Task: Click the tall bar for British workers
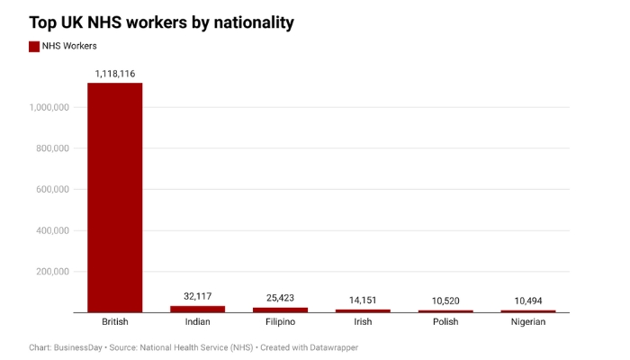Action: (114, 197)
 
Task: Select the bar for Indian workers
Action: (197, 309)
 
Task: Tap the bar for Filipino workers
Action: (280, 310)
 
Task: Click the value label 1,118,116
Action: (114, 72)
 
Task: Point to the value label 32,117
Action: (197, 296)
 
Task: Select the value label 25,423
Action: (280, 298)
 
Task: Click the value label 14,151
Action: (363, 300)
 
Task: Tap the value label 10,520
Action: (445, 301)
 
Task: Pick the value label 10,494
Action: (528, 301)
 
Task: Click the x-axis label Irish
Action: (363, 321)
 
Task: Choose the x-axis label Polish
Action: (445, 321)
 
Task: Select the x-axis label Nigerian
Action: (528, 321)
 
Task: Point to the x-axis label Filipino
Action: (280, 321)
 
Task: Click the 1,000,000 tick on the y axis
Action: (50, 107)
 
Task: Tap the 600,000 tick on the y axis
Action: (53, 189)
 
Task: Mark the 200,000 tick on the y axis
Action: (53, 271)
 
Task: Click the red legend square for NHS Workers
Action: (34, 47)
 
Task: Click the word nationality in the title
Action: (248, 22)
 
